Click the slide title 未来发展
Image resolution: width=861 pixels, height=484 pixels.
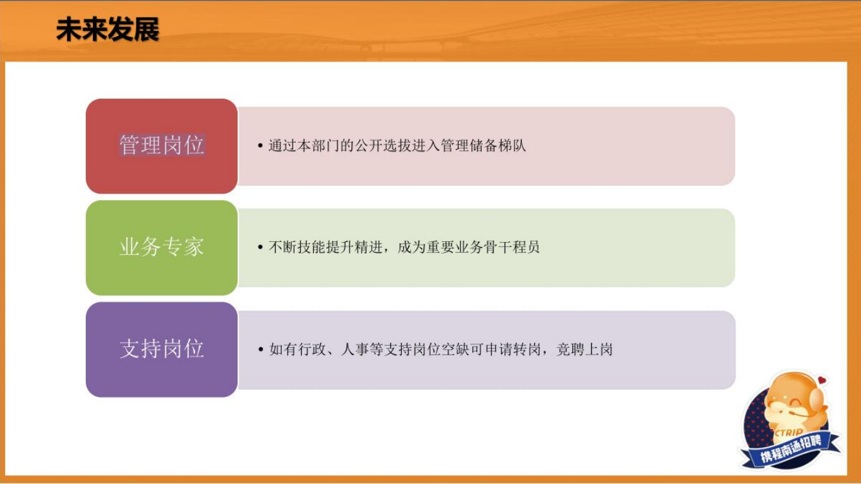(x=108, y=29)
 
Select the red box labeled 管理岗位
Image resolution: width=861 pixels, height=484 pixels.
(x=162, y=146)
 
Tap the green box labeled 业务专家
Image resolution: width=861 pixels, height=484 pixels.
(x=162, y=248)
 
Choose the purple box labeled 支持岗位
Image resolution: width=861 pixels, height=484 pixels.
(x=162, y=350)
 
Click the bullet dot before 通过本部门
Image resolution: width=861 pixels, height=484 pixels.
(x=260, y=146)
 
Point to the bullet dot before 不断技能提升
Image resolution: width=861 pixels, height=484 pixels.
(x=260, y=247)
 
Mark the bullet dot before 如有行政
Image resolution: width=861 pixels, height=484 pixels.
(x=260, y=349)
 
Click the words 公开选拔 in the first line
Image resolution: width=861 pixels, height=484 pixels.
(x=383, y=146)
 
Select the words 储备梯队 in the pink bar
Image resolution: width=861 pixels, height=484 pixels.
(x=498, y=146)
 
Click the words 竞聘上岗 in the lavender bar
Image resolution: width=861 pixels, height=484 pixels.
(x=585, y=349)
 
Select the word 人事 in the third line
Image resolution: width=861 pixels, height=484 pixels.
(x=355, y=349)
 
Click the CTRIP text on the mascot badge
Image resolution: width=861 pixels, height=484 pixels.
(x=789, y=433)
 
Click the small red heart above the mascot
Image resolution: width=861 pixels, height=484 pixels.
(x=822, y=380)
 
